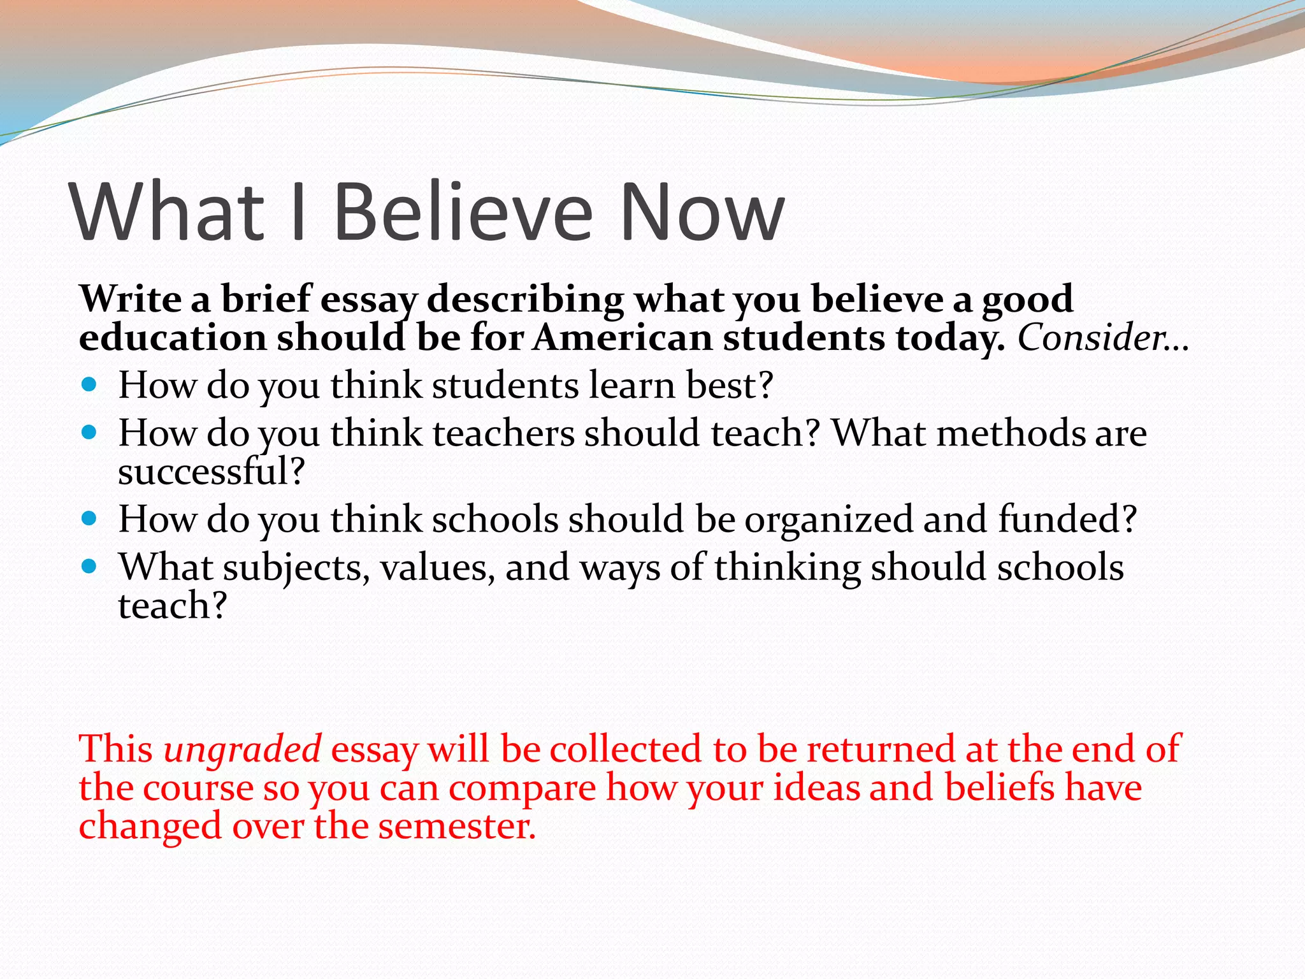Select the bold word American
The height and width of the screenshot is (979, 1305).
pyautogui.click(x=623, y=337)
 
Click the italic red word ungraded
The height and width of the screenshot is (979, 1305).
pyautogui.click(x=242, y=748)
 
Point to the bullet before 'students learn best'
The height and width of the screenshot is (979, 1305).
pyautogui.click(x=89, y=384)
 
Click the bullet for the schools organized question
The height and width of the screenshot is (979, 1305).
pyautogui.click(x=89, y=518)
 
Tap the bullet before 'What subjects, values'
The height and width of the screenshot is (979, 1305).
pyautogui.click(x=89, y=566)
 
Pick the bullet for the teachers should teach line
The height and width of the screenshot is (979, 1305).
pyautogui.click(x=89, y=433)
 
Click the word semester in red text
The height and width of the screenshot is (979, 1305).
pyautogui.click(x=456, y=826)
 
